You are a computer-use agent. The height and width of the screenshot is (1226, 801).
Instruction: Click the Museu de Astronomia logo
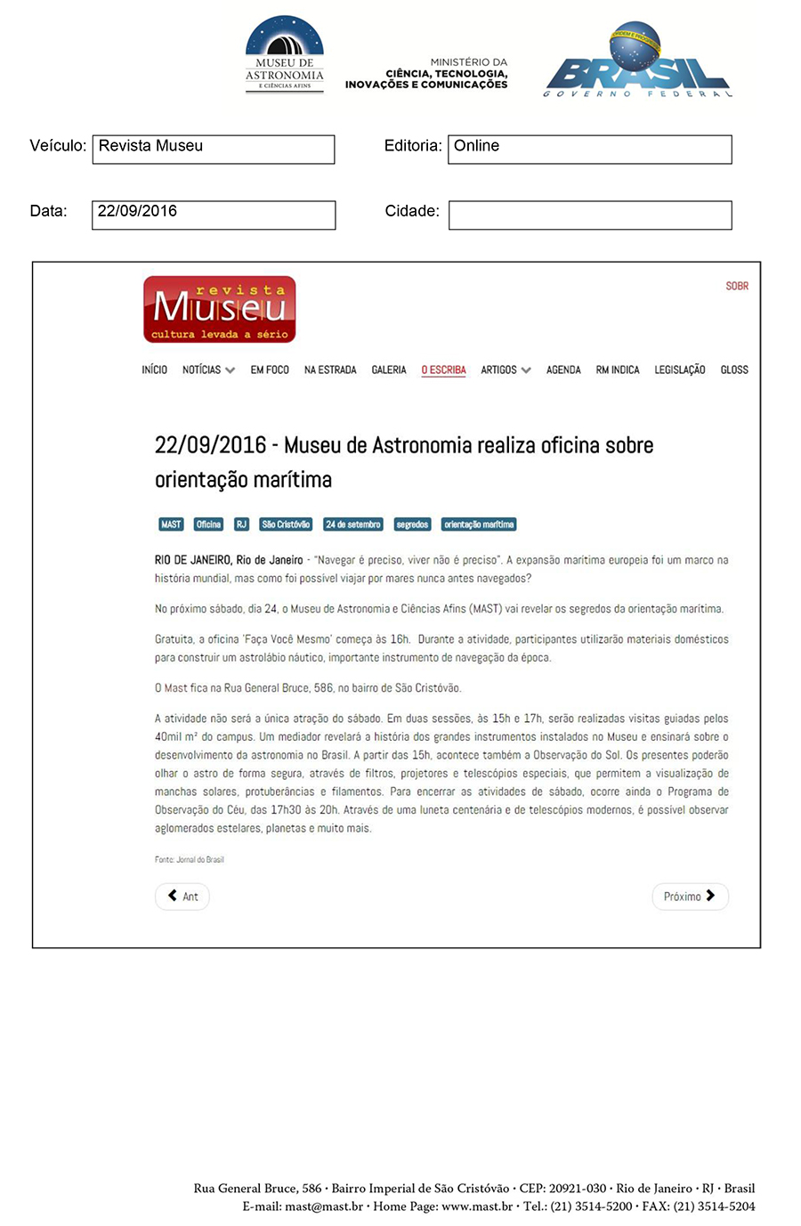coord(285,53)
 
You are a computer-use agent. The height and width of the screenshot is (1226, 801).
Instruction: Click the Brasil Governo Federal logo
coord(637,61)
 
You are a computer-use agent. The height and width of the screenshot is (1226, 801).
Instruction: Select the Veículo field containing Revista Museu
coord(214,149)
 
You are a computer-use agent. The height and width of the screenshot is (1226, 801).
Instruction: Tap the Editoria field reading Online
coord(589,149)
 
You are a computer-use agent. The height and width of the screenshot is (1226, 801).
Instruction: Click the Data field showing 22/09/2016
coord(214,215)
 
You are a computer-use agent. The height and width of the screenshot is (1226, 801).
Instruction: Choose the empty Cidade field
coord(589,215)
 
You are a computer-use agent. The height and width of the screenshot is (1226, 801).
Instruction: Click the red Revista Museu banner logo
coord(220,309)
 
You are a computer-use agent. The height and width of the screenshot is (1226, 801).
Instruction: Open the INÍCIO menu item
coord(154,369)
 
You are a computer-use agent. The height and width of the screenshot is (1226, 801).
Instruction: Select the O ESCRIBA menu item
coord(443,369)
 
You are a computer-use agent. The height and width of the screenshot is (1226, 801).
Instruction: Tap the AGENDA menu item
coord(563,369)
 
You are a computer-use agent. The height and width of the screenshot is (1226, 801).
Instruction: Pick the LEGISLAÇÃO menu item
coord(679,369)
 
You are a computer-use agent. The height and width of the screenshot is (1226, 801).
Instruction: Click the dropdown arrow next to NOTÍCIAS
coord(231,370)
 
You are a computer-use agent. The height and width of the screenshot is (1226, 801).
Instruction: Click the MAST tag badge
coord(171,524)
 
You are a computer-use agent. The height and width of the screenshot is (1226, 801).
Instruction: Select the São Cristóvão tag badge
coord(286,524)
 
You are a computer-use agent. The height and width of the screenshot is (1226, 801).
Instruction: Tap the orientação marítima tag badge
coord(479,524)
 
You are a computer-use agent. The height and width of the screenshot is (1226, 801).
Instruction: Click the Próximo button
coord(690,897)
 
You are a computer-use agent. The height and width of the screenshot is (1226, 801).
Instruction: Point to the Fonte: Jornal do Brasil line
coord(190,859)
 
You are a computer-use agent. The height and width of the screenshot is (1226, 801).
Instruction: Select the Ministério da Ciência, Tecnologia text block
coord(427,73)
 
